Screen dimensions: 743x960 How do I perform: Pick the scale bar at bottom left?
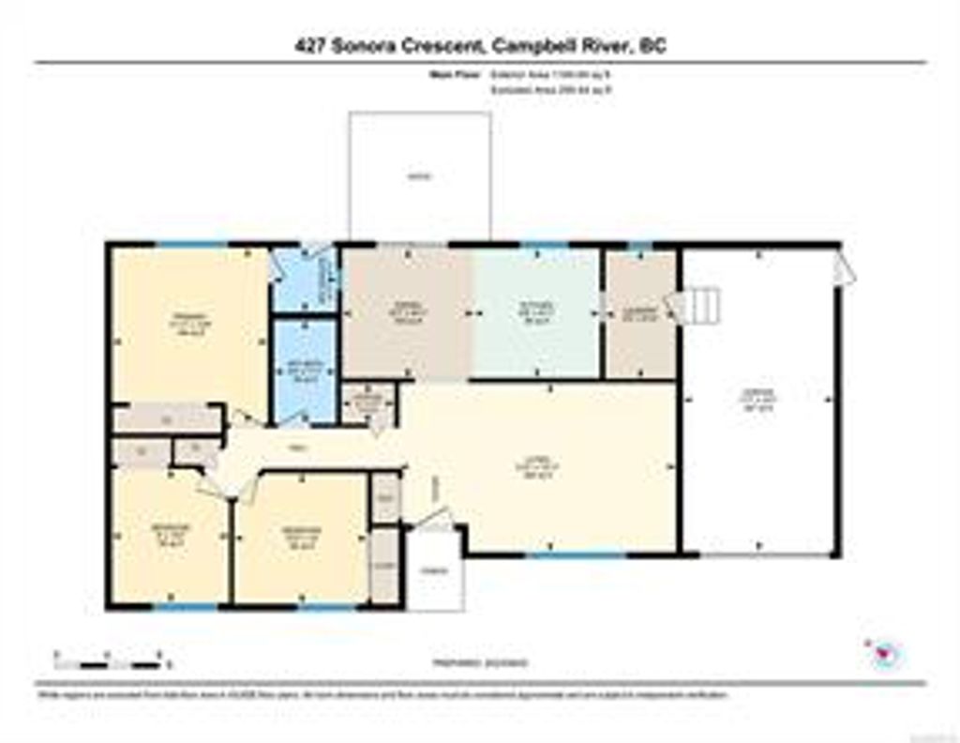click(x=108, y=665)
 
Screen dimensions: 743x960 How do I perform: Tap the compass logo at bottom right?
click(x=883, y=653)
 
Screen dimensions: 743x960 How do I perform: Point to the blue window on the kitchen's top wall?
click(x=544, y=246)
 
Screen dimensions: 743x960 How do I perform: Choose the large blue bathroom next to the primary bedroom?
click(x=304, y=371)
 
